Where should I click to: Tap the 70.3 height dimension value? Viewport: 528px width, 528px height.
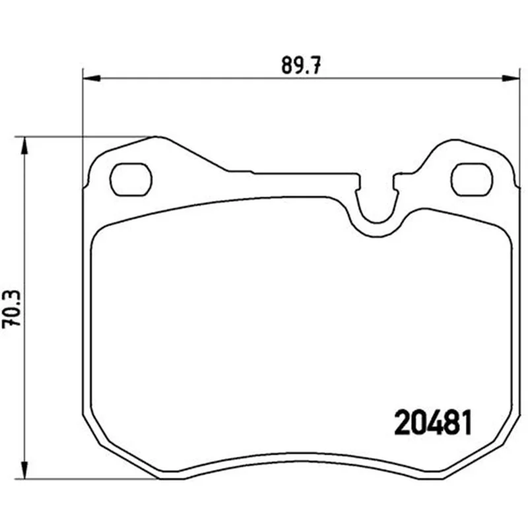[11, 309]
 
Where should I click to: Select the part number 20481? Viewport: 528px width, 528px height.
[433, 423]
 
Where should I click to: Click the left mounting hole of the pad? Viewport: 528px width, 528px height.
[131, 180]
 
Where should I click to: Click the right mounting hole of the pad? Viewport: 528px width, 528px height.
[472, 180]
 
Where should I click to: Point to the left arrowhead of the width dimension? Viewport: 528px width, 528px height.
[91, 78]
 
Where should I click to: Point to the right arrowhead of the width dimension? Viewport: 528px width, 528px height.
[510, 78]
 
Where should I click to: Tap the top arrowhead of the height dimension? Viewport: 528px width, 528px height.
[24, 146]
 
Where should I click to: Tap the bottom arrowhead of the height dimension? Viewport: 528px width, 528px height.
[24, 469]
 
